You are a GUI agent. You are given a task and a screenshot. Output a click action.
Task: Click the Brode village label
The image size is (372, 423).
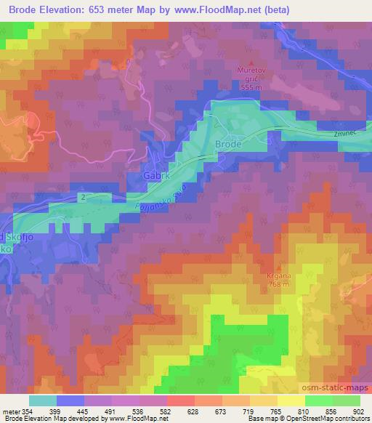pos(227,145)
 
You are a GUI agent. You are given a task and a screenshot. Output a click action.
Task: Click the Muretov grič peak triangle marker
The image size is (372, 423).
pos(252,62)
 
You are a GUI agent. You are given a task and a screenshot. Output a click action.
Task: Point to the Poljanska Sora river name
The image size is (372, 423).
pos(161,199)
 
